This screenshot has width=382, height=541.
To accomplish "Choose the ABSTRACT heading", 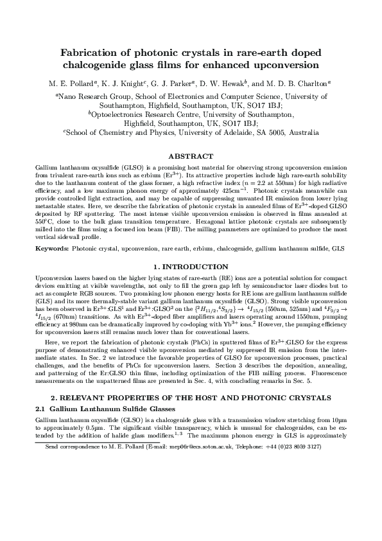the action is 190,156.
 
